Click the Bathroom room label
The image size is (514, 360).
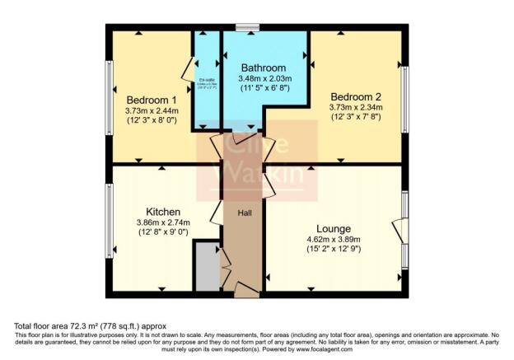pyautogui.click(x=264, y=68)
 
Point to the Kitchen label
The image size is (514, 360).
pyautogui.click(x=164, y=211)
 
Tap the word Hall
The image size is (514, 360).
pyautogui.click(x=245, y=213)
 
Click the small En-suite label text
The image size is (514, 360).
pyautogui.click(x=205, y=80)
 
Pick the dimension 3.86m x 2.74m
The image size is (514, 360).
pyautogui.click(x=163, y=222)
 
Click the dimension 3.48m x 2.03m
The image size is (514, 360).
pyautogui.click(x=264, y=77)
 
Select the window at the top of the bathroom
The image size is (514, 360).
pyautogui.click(x=246, y=28)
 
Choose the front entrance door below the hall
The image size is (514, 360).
pyautogui.click(x=246, y=290)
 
